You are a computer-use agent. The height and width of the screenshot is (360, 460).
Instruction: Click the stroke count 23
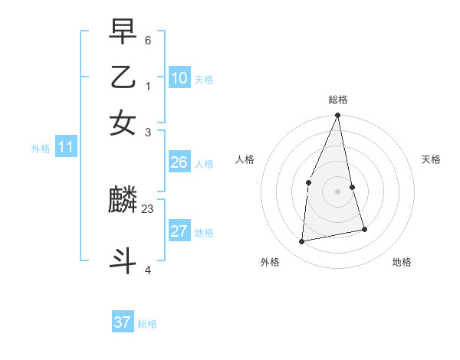[x=148, y=208]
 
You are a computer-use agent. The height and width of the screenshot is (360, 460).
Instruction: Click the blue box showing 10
[x=179, y=77]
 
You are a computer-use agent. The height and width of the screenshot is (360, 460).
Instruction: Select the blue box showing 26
[x=179, y=162]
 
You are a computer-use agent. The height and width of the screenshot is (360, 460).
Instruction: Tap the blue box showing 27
[x=179, y=231]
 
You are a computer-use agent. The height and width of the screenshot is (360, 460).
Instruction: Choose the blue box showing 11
[x=65, y=148]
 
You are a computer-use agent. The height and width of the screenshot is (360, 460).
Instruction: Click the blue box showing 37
[x=122, y=322]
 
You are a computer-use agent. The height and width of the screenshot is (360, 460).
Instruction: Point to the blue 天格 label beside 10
[x=204, y=79]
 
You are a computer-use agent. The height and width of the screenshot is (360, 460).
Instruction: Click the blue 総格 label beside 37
[x=147, y=324]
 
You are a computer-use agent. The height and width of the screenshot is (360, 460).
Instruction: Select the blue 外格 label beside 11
[x=40, y=149]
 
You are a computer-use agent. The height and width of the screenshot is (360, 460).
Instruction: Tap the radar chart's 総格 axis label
[x=338, y=100]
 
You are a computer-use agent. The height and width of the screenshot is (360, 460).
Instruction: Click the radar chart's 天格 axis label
[x=432, y=159]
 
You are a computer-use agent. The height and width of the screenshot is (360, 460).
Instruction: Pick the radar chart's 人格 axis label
[x=245, y=159]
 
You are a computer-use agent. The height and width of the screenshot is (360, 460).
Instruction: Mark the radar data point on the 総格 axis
[x=338, y=116]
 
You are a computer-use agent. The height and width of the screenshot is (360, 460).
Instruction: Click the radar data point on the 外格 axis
[x=302, y=242]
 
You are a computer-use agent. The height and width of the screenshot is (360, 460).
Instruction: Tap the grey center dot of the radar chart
[x=338, y=191]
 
